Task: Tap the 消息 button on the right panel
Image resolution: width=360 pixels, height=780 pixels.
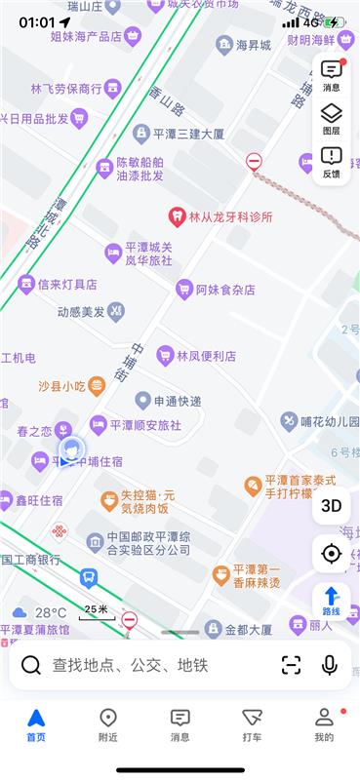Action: coord(331,74)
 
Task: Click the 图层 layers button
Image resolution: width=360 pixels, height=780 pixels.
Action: coord(331,117)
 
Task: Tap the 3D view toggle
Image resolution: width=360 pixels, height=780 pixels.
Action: coord(331,505)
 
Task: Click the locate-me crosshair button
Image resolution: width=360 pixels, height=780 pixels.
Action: coord(331,554)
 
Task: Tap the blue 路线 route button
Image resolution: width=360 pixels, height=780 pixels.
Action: coord(331,600)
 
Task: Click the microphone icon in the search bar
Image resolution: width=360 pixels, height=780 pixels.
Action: coord(330,665)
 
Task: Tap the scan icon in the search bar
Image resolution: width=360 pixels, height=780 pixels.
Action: coord(291,665)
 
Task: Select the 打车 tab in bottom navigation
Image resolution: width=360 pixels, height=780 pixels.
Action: coord(252,725)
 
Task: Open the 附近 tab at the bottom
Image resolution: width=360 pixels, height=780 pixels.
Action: coord(108,725)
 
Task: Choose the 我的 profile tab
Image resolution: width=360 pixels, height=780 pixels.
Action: coord(324,725)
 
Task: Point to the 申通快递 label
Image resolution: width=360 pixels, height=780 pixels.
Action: coord(169,401)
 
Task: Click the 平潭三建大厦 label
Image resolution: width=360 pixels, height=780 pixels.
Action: coord(180,134)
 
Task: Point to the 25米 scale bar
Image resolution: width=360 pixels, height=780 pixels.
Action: coord(95,611)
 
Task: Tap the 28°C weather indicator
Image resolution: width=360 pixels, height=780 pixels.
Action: coord(40,613)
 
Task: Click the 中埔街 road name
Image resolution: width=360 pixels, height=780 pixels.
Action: coord(138,362)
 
